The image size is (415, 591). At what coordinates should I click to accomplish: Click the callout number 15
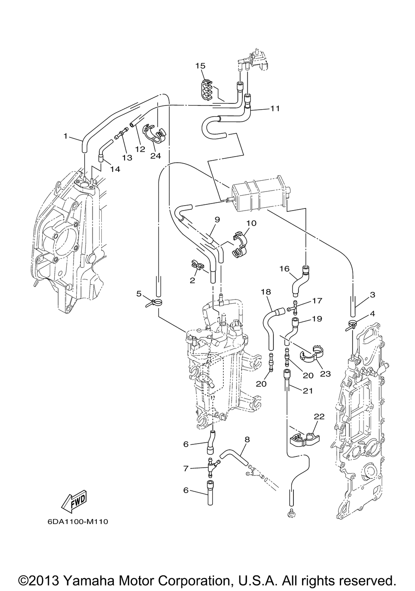point(200,66)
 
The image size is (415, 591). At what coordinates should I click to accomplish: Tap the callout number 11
point(275,108)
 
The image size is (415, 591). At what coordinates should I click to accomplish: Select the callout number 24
point(156,156)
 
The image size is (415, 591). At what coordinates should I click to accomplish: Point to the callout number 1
point(66,136)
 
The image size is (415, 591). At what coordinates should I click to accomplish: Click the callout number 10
point(251,223)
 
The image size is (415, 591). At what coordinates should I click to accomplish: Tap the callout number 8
point(247,439)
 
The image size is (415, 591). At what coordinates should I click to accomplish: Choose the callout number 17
point(317,301)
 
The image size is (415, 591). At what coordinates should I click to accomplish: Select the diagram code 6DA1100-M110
point(78,522)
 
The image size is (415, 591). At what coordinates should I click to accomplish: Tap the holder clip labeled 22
point(304,439)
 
